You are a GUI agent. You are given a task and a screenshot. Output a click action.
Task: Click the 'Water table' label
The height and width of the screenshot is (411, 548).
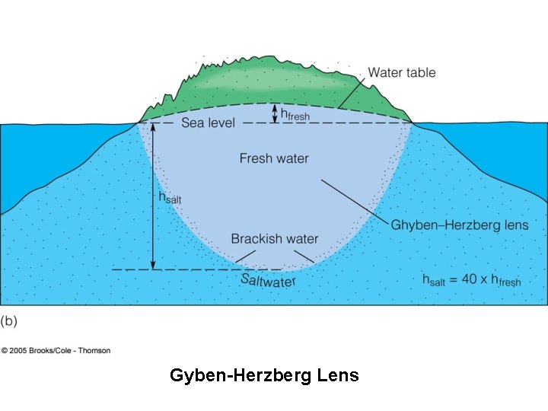[402, 73]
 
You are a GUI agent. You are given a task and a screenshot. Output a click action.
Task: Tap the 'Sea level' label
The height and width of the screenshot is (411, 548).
[208, 123]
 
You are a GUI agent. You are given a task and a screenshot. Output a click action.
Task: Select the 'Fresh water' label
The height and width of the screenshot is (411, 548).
[274, 158]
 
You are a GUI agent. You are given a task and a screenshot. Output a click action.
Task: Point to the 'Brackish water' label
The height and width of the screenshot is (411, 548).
[275, 239]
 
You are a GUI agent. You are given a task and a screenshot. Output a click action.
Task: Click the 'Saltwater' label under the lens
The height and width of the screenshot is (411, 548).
[268, 280]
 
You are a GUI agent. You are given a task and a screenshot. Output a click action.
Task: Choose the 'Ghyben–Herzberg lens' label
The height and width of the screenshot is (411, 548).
[459, 225]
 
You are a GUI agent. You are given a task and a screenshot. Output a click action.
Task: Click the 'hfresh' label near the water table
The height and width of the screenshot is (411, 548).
[295, 115]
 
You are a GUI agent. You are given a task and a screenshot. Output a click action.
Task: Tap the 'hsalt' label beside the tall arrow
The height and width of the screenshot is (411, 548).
[170, 197]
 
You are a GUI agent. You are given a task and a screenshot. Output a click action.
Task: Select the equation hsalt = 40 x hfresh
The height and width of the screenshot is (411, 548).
[472, 279]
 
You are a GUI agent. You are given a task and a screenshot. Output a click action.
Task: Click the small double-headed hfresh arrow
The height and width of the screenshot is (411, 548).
[276, 113]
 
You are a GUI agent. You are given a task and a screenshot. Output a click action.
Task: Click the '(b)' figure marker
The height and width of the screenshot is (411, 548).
[9, 321]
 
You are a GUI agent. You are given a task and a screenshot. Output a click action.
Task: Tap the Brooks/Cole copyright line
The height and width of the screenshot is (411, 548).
[56, 351]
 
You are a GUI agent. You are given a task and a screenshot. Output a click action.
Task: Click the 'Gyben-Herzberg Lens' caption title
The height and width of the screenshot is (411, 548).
[264, 375]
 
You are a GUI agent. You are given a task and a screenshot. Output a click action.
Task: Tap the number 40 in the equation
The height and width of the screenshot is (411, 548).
[470, 279]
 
